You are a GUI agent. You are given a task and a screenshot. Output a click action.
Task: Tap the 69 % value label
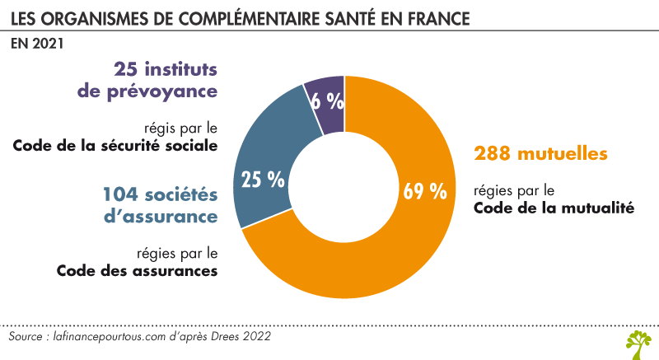point(424,191)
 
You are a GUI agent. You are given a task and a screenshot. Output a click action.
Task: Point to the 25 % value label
point(262,179)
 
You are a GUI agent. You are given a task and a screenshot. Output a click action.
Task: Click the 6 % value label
point(327,101)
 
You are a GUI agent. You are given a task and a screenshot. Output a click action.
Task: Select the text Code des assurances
point(137,270)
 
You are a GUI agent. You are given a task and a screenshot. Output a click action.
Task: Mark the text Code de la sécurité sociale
point(115,147)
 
